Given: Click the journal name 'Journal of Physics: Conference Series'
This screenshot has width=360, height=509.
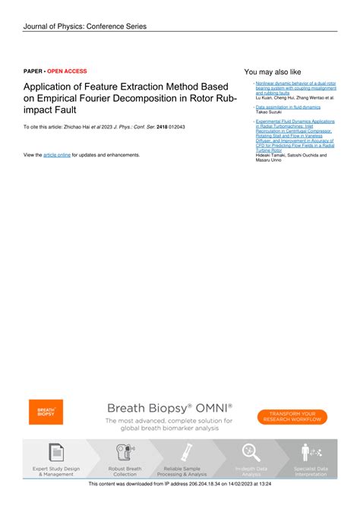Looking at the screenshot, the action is (x=84, y=27).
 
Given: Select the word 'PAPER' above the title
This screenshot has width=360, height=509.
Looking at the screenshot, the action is (x=33, y=69).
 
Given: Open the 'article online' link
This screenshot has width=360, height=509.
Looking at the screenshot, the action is (x=57, y=154).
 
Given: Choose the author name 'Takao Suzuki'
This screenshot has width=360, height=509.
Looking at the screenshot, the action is (x=268, y=112).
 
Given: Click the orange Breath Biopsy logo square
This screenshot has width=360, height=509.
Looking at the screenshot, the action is (x=46, y=413).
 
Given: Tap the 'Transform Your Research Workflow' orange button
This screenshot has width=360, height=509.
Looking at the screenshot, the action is (x=292, y=417).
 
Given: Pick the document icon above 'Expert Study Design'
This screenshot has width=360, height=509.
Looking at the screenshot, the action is (x=56, y=452).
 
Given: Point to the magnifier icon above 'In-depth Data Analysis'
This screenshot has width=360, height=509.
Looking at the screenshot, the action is (x=251, y=452).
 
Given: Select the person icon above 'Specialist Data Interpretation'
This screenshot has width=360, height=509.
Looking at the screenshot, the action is (x=309, y=452).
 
